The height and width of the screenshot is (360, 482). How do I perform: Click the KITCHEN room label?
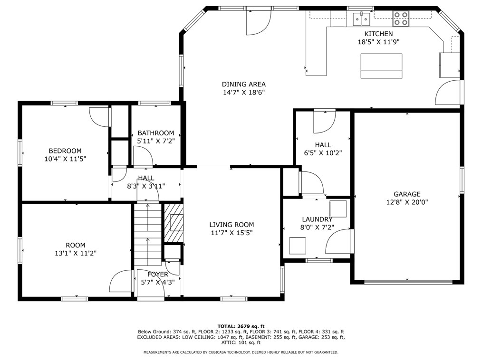[378, 34]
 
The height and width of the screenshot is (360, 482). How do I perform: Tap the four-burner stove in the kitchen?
[401, 19]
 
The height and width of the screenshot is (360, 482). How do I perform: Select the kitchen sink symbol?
[361, 19]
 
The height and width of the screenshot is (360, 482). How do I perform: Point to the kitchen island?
[381, 66]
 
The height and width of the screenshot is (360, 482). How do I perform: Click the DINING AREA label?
[244, 84]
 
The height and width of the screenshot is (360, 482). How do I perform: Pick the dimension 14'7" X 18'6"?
[244, 93]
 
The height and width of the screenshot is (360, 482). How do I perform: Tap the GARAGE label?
[407, 194]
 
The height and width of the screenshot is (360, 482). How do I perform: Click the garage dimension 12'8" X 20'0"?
[407, 202]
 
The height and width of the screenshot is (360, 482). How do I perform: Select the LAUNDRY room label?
[317, 219]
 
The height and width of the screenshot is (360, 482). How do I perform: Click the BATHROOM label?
[156, 133]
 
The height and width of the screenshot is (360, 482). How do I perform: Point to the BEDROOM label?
[65, 151]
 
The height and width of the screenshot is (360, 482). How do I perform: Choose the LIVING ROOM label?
[231, 225]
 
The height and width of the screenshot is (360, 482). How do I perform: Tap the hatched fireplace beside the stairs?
[174, 223]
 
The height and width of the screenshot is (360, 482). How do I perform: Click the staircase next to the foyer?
[147, 234]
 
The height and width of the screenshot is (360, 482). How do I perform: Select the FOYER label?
[158, 275]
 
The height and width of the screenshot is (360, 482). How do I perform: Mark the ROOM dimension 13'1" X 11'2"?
[76, 254]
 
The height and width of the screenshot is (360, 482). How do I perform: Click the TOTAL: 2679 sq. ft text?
[241, 326]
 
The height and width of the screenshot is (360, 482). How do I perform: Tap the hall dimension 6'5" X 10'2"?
[323, 153]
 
